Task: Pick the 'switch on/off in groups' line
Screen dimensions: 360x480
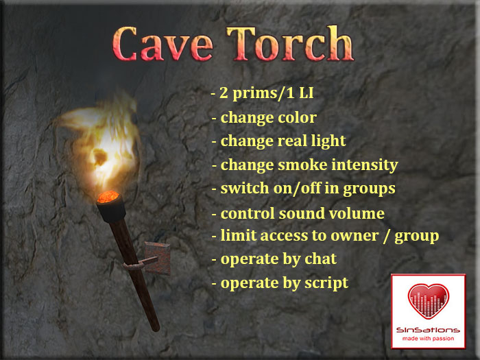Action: pos(302,189)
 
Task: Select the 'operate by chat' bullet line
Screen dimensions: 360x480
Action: pos(274,259)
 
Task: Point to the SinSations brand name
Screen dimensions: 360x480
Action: pos(428,331)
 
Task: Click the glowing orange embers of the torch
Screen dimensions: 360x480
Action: pos(108,197)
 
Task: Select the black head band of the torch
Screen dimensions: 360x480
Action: pos(109,210)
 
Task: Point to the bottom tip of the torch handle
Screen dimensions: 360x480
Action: pos(156,326)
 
